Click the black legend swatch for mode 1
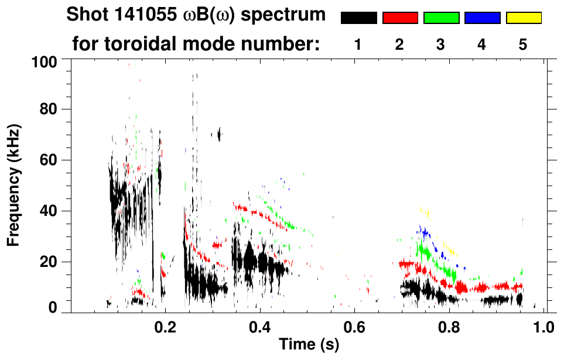pos(358,18)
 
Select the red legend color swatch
pos(400,18)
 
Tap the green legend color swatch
pos(441,18)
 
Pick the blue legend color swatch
pos(482,18)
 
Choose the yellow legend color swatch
pos(523,18)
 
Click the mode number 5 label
pos(523,44)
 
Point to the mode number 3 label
pos(440,44)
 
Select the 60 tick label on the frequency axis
pos(50,160)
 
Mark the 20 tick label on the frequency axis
pos(50,262)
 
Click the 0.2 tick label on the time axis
pos(165,325)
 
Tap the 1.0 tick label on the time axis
pos(545,325)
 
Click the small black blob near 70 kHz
pos(219,135)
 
